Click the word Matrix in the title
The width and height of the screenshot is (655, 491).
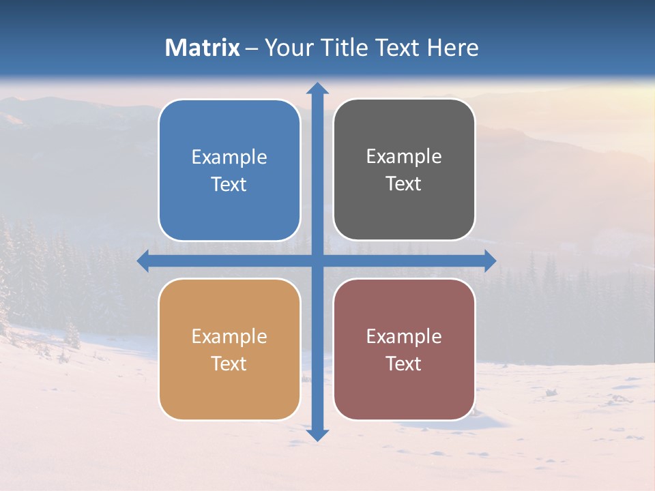[202, 48]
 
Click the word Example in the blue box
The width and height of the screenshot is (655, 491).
[229, 158]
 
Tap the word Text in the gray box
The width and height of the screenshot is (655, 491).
[404, 184]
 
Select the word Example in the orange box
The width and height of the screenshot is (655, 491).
[229, 337]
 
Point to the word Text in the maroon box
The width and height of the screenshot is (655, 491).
[404, 363]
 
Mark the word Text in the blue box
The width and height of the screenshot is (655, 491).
[229, 185]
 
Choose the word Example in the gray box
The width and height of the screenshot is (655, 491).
[404, 157]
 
